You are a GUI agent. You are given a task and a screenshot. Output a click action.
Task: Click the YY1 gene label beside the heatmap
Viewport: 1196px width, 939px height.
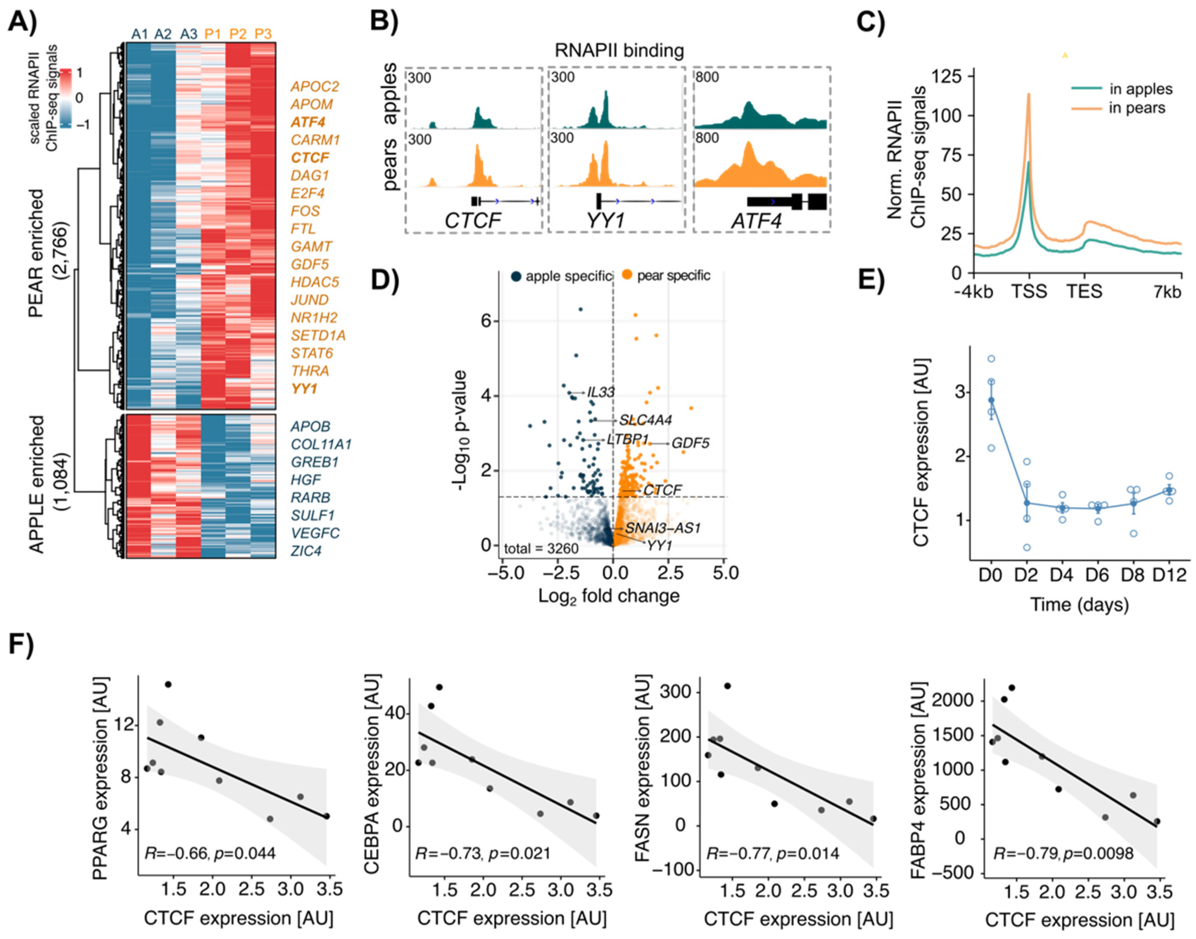pos(304,389)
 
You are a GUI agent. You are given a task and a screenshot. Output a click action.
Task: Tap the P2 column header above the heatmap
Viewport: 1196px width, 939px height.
pos(237,34)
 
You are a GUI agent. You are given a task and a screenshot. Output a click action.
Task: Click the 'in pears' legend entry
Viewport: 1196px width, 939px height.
pos(1136,108)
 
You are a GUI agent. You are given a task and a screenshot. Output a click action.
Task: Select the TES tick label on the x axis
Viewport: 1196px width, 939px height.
pos(1084,291)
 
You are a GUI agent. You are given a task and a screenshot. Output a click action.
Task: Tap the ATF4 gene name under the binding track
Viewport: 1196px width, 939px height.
pos(757,221)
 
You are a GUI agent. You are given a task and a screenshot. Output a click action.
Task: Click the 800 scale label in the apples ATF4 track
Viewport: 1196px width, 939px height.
pos(707,78)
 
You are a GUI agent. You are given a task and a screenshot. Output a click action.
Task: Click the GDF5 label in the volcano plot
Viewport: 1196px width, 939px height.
pos(691,443)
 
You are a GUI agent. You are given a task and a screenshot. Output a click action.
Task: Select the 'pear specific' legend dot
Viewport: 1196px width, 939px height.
pos(626,275)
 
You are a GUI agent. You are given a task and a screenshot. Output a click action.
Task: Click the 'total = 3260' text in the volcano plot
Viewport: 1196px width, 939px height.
pos(541,548)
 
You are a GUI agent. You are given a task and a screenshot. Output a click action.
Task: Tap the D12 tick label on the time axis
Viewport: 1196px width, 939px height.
pos(1170,575)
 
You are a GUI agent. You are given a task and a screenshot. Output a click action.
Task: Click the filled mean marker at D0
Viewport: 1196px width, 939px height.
pos(991,400)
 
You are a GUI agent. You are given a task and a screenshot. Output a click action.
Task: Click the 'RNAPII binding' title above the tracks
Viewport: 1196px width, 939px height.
pos(619,51)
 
